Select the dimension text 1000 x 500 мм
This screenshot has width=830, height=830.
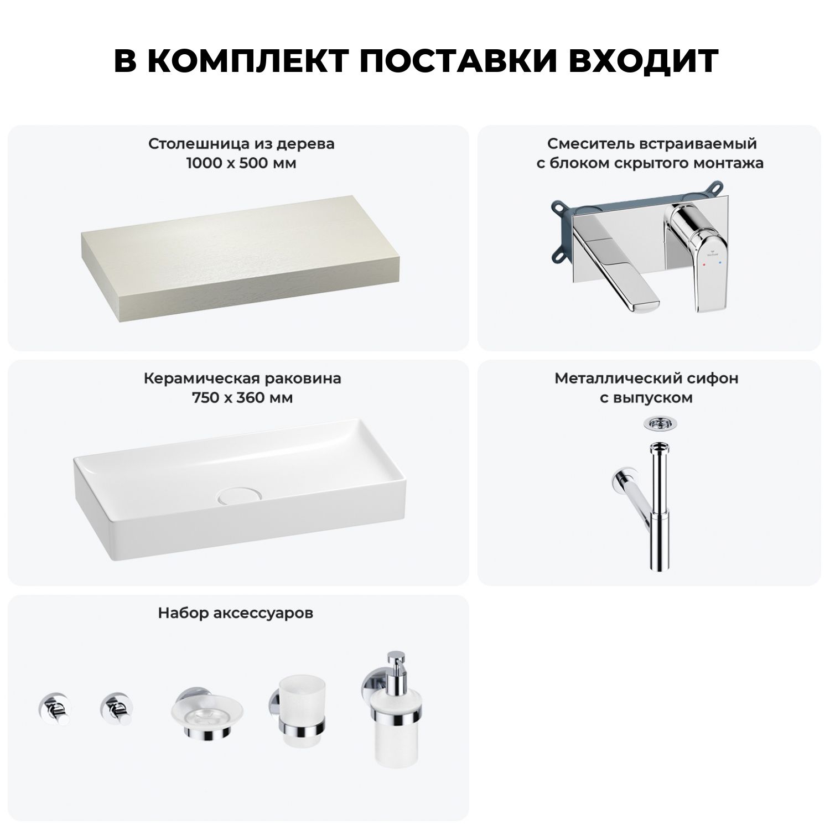(x=241, y=163)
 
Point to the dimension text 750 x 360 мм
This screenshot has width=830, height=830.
(x=242, y=398)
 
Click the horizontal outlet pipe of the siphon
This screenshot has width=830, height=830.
(x=631, y=489)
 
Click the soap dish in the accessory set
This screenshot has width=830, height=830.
(x=206, y=714)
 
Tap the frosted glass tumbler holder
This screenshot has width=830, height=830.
(x=299, y=714)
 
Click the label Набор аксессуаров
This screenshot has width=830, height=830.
(x=236, y=613)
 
